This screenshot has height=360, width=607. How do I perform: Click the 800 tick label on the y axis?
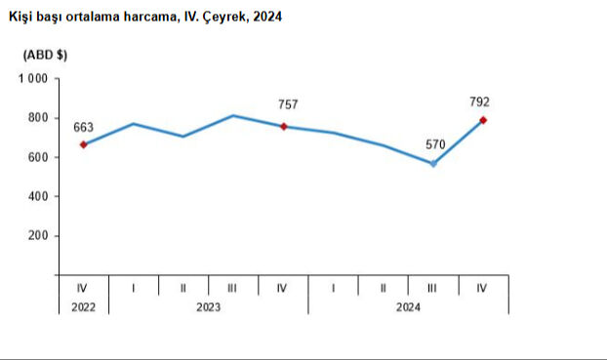[x=39, y=118]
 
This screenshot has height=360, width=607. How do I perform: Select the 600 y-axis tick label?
[x=39, y=157]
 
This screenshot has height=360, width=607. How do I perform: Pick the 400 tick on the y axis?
[x=39, y=196]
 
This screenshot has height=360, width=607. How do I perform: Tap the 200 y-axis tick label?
[x=39, y=236]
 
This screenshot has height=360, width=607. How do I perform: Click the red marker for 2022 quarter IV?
[x=84, y=144]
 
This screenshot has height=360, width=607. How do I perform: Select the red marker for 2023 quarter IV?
[x=283, y=126]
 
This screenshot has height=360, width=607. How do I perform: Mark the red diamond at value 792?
[x=483, y=120]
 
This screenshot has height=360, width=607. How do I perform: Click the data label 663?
[x=83, y=127]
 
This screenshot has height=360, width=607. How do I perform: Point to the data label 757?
[x=287, y=104]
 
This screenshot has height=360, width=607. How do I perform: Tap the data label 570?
[x=434, y=144]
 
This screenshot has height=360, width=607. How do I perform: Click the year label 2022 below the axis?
[x=83, y=306]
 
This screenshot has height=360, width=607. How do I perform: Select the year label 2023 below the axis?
[x=208, y=306]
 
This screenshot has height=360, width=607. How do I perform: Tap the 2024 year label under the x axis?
[x=408, y=306]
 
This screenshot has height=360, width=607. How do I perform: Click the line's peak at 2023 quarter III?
[x=233, y=116]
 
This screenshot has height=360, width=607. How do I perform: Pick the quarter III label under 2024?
[x=433, y=288]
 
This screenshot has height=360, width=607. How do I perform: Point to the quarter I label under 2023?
[x=134, y=288]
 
